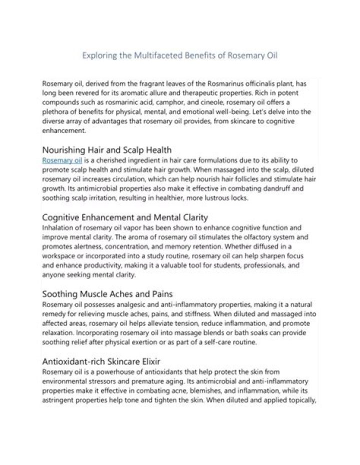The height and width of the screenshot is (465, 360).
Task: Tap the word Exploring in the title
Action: coord(98,55)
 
